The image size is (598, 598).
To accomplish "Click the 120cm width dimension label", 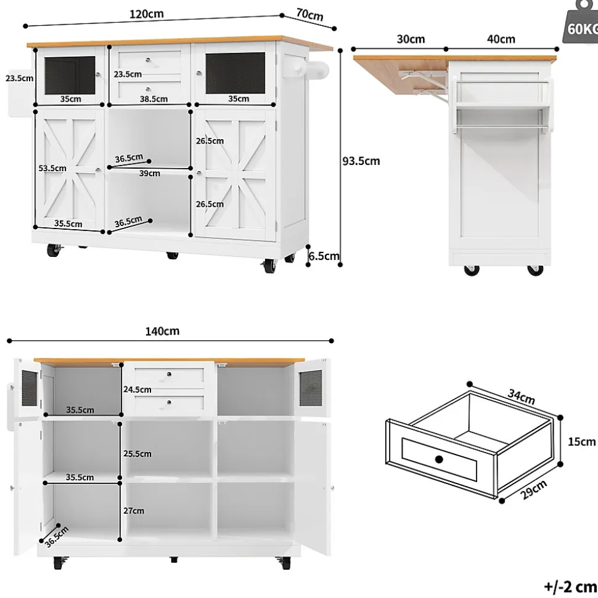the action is coord(147,14).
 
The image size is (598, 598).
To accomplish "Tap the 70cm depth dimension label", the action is coord(309,15).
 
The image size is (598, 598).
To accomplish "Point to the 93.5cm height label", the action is coord(361,161).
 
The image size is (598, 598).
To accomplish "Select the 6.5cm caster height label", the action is coord(324,256).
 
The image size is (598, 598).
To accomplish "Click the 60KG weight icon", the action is coord(581,23).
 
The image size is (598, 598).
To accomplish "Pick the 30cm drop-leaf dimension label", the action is coord(411,39).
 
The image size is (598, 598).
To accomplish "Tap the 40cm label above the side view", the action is coord(501,39).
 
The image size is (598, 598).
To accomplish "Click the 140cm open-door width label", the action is coord(162,331).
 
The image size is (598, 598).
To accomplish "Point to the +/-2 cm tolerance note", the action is coord(570,586).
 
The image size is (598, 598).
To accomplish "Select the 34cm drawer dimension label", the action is coord(522,397).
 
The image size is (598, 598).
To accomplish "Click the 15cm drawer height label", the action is coord(581,442).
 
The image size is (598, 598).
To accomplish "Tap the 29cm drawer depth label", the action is coord(533,490).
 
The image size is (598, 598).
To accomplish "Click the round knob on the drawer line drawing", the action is coord(439,459).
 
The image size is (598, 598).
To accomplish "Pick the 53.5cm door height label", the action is coord(52,168).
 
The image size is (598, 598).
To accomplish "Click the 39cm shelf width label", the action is coord(149,173).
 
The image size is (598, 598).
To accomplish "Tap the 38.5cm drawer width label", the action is coord(154,99).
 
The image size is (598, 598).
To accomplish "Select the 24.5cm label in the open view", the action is coord(137,389).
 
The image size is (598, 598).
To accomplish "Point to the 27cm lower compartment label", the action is coord(134,511).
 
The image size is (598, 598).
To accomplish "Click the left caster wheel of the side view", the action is coord(472,270).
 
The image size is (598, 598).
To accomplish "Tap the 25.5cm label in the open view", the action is coord(137,453).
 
